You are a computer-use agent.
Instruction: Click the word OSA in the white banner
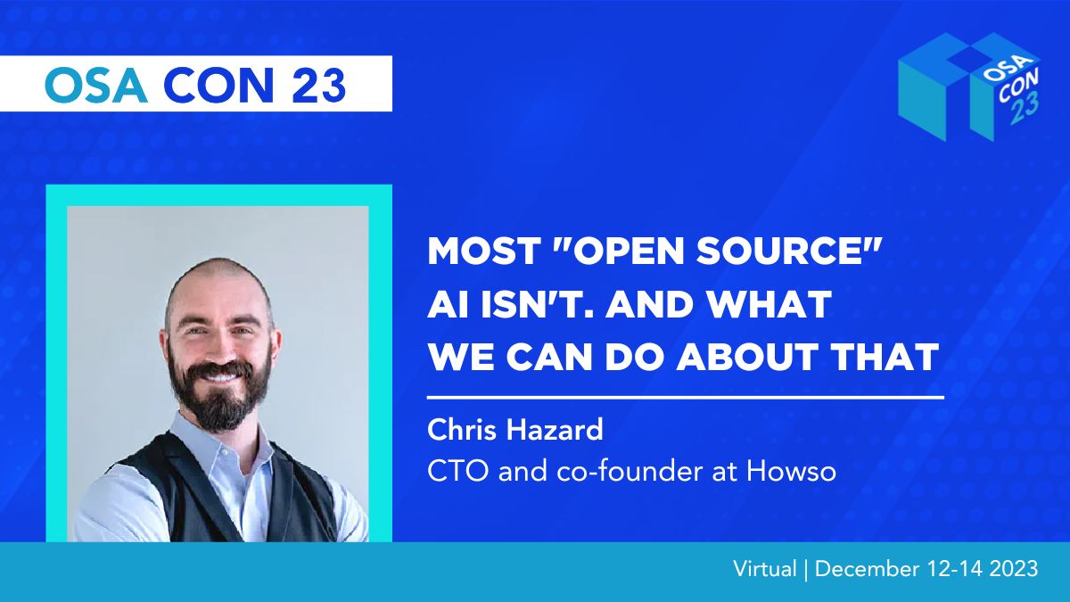click(95, 85)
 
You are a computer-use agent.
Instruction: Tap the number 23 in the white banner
click(318, 85)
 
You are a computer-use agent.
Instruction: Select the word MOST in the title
click(483, 251)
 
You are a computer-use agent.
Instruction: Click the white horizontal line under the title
click(686, 397)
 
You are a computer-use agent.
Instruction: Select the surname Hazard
click(555, 429)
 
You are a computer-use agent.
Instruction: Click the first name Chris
click(462, 429)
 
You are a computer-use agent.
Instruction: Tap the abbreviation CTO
click(458, 471)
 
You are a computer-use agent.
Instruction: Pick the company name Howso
click(792, 471)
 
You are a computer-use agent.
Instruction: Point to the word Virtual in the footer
click(765, 569)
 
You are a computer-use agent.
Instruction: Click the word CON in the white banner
click(218, 85)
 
